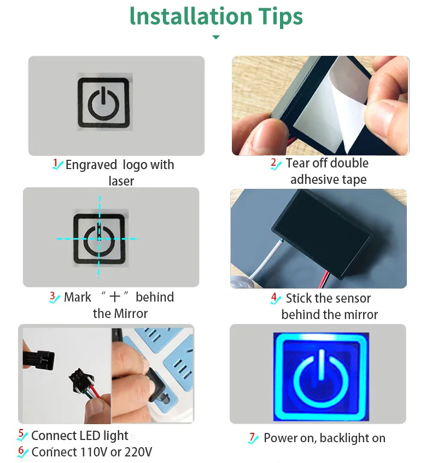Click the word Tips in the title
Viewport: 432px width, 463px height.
(281, 17)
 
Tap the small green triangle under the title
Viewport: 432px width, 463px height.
(216, 37)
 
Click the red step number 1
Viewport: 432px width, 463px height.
(55, 163)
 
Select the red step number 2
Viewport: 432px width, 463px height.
(273, 163)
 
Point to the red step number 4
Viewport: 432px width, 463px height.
(274, 297)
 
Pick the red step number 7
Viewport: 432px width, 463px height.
(252, 437)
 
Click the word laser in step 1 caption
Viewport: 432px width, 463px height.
(121, 181)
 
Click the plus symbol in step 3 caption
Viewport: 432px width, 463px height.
(115, 297)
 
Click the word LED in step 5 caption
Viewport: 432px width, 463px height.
(90, 436)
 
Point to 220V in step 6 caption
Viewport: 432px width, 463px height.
(138, 452)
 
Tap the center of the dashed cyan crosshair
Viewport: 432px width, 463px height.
(99, 239)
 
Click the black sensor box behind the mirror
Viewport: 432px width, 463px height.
(322, 233)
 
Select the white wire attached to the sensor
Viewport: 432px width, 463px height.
(266, 260)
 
